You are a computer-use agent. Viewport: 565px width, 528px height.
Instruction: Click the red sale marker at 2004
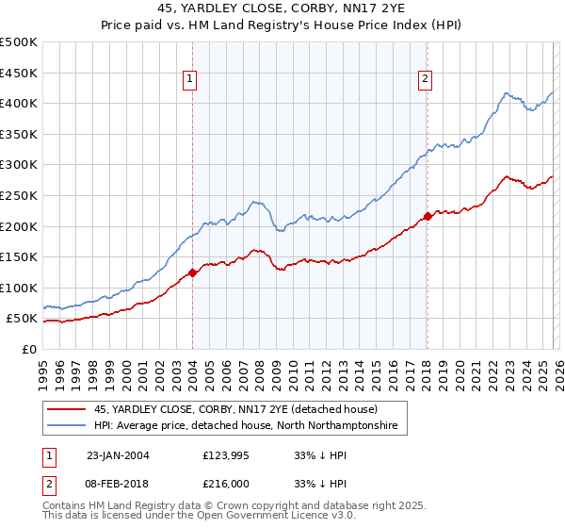pyautogui.click(x=192, y=272)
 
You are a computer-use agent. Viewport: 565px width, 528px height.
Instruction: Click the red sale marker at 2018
pyautogui.click(x=427, y=216)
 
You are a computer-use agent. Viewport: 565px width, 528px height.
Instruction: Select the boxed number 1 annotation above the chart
pyautogui.click(x=191, y=80)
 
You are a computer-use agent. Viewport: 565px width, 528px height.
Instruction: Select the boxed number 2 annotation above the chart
pyautogui.click(x=426, y=80)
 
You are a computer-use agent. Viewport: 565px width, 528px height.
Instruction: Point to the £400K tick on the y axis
pyautogui.click(x=19, y=104)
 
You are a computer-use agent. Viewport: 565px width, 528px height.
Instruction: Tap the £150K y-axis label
pyautogui.click(x=19, y=256)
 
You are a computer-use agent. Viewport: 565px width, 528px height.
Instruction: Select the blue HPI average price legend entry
pyautogui.click(x=246, y=427)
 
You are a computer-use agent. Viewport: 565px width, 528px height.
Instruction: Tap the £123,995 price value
pyautogui.click(x=226, y=454)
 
